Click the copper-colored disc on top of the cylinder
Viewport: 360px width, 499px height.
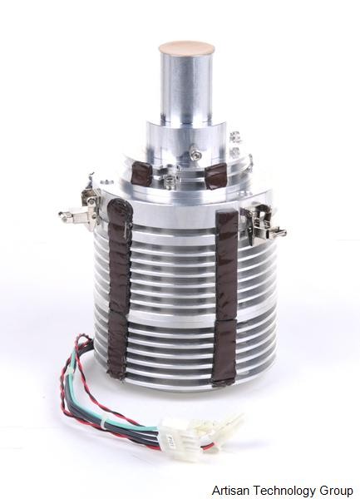click(x=186, y=47)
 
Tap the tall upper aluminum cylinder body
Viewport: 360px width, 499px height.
click(x=185, y=87)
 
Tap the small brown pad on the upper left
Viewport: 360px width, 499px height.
click(x=144, y=174)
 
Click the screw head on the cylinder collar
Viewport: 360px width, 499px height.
click(x=194, y=151)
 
